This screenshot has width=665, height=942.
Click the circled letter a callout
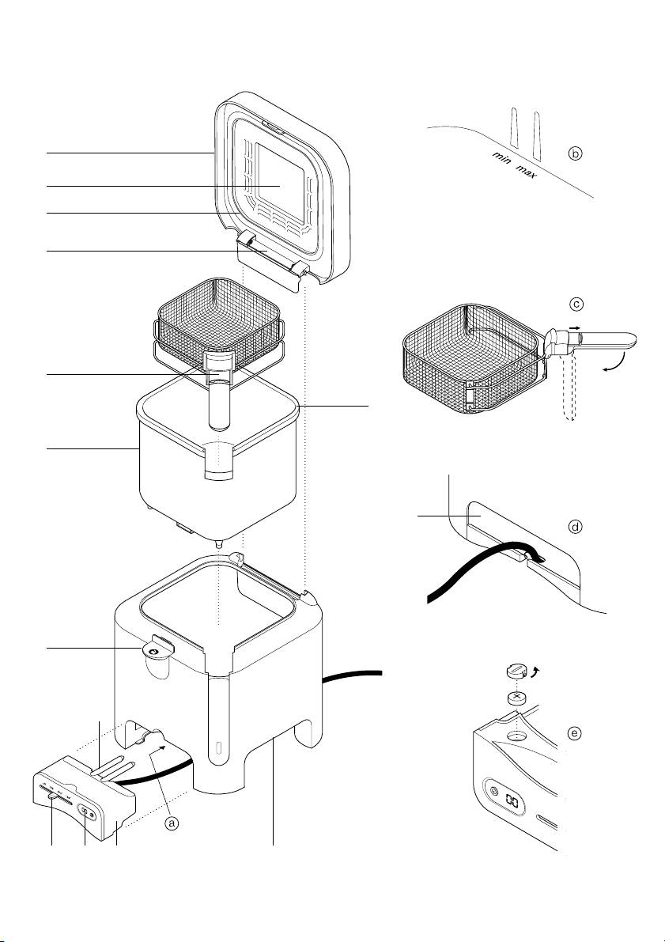172,823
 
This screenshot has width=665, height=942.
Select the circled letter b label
576,153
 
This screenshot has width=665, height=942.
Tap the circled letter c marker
576,305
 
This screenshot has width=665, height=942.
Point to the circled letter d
576,527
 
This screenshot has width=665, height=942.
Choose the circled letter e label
576,733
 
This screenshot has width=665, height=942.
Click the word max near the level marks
527,171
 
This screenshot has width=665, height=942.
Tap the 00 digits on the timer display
512,801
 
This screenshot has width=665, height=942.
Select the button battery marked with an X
516,698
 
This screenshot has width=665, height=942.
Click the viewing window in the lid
280,186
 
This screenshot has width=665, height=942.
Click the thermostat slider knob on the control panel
54,796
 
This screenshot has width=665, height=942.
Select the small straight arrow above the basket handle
576,327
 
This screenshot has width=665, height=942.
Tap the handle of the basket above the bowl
219,391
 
